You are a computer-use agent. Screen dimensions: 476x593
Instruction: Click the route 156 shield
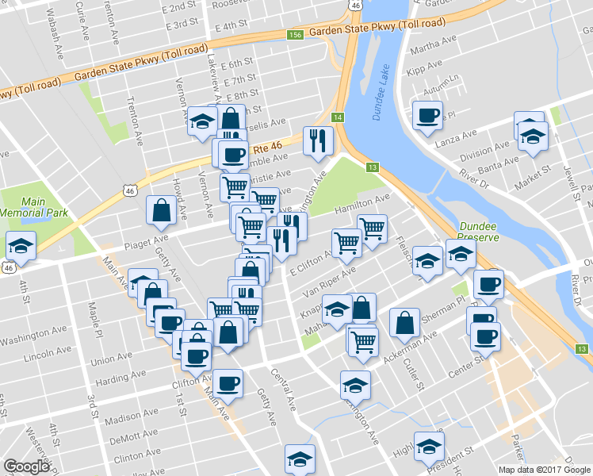[x=295, y=35]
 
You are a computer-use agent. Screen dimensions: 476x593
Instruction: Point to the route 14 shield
[x=338, y=117]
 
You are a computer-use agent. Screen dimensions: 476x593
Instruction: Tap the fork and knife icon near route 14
[x=319, y=141]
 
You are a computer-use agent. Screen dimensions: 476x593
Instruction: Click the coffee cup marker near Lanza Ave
[x=427, y=117]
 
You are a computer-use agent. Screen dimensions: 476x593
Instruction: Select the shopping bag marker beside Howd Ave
[x=161, y=210]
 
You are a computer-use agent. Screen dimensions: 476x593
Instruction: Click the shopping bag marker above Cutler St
[x=404, y=322]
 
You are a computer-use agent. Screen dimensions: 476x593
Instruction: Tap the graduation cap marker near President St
[x=429, y=446]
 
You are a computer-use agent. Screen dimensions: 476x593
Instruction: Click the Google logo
[x=26, y=466]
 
